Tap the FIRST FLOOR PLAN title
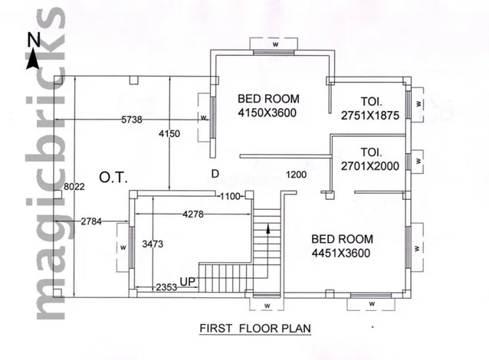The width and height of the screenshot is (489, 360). [255, 329]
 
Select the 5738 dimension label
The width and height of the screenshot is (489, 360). [132, 119]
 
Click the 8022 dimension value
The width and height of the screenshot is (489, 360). [74, 187]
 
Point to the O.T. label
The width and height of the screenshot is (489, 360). [113, 178]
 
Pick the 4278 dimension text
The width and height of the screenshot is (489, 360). [193, 214]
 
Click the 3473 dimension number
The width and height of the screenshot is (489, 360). [153, 244]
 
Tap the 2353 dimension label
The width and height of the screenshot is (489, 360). [166, 287]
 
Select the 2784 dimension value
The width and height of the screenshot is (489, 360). [91, 221]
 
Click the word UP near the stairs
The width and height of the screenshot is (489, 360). [188, 281]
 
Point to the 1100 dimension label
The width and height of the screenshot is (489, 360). [231, 196]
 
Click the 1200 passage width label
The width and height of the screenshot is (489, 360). [296, 175]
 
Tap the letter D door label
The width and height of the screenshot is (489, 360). [215, 174]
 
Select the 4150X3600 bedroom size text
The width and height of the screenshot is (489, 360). [267, 113]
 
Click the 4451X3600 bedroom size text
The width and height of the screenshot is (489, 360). [341, 253]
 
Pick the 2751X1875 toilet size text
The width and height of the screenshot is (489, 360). [370, 116]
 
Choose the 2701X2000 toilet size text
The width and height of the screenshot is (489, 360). [370, 165]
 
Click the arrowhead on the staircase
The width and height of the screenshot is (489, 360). [268, 228]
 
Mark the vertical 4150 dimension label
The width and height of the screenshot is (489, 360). [169, 134]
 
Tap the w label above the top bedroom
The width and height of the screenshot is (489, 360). [275, 44]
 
